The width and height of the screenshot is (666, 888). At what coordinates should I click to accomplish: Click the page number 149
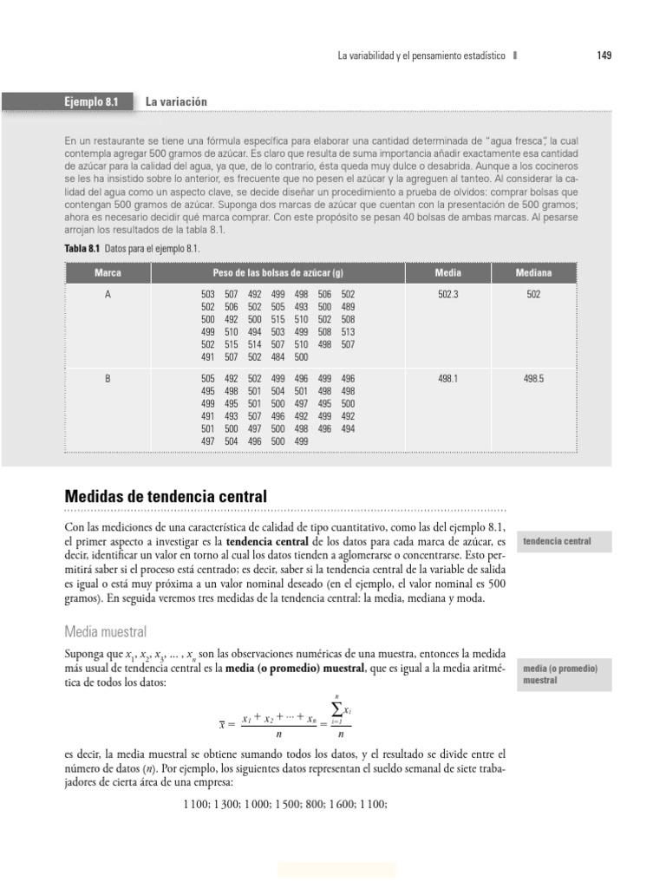[604, 55]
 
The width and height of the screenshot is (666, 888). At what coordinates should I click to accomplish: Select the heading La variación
[177, 101]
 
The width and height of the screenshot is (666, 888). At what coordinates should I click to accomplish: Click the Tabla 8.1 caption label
[82, 249]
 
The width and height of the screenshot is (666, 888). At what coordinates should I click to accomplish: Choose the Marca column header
[108, 272]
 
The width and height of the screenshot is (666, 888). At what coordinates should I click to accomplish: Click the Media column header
[447, 272]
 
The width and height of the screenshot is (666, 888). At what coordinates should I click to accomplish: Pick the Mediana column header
[533, 272]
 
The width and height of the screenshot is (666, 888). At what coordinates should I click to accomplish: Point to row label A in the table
[108, 295]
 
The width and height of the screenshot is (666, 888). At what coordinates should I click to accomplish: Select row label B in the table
[108, 379]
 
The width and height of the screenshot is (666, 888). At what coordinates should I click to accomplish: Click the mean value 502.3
[447, 295]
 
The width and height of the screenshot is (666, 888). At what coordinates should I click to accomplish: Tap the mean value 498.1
[447, 379]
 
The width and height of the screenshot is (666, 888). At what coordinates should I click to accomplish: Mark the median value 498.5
[533, 379]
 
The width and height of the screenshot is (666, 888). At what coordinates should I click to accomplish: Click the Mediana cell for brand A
[533, 295]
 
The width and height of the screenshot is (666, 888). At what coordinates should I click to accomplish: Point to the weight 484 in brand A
[277, 356]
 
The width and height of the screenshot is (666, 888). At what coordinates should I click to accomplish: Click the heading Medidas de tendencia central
[166, 497]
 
